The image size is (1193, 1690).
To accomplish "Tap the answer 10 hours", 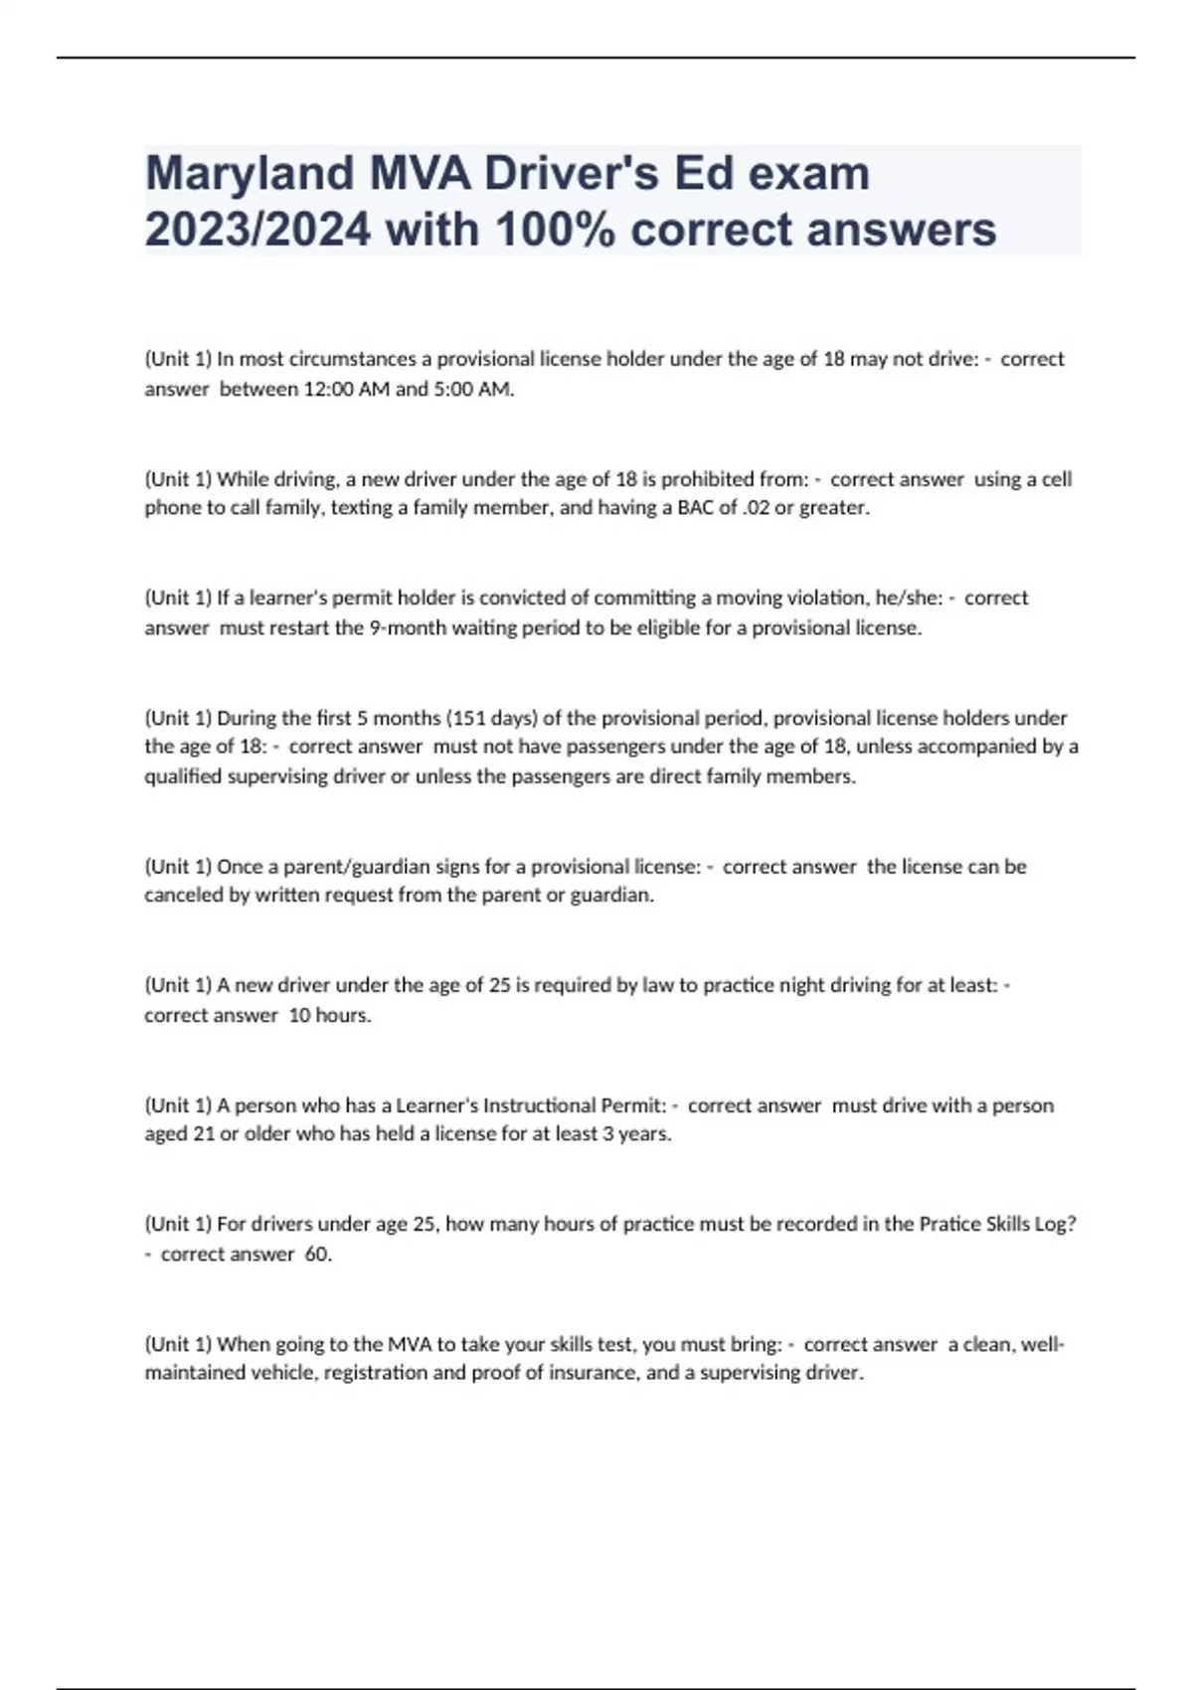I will (329, 1015).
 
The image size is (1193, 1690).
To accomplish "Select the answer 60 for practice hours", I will (317, 1254).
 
